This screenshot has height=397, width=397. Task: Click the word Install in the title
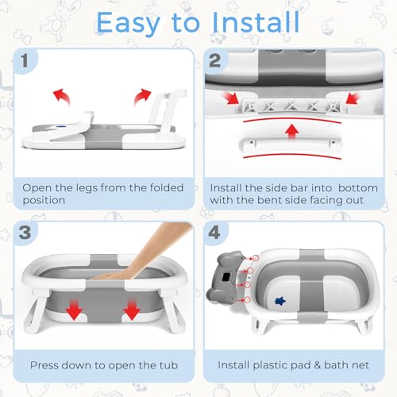pos(256,22)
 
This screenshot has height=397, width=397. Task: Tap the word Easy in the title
pos(128,25)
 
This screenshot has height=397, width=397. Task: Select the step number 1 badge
pos(25,60)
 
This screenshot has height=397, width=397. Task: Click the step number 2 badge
pos(215,61)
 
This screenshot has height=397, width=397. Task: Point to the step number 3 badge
pos(25,233)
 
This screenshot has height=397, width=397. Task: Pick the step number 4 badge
pos(214,233)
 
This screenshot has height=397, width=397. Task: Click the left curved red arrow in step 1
pos(62,96)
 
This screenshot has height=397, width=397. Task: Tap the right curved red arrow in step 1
pos(142,96)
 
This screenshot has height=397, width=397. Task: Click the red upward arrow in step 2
pos(292,132)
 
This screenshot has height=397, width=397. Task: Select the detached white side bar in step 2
pos(291,145)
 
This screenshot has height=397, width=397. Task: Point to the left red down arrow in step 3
pos(74,310)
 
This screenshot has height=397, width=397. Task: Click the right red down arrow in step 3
pos(132,310)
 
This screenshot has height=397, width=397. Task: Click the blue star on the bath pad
pos(280,301)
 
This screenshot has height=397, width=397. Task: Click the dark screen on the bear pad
pos(226,278)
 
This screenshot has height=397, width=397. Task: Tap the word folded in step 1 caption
pos(167,187)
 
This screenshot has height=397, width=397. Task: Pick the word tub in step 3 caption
pos(168,365)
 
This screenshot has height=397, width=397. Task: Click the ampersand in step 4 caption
pos(317,365)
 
